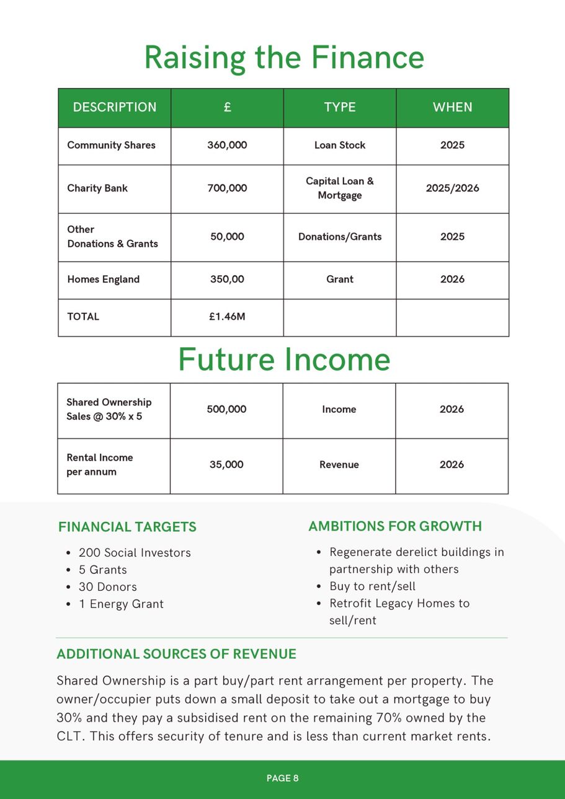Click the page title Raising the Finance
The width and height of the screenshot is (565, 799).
point(284,58)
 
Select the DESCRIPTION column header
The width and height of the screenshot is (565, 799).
point(115,107)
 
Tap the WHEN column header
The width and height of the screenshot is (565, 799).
point(452,107)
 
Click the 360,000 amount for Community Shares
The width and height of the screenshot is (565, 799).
point(227,145)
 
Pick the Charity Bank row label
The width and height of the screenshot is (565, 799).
point(97,188)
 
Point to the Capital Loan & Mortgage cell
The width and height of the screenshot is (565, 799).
point(339,188)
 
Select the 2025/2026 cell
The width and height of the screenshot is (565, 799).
point(452,188)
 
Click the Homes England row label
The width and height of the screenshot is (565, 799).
point(103,280)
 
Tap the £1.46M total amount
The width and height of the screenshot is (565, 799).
point(227,317)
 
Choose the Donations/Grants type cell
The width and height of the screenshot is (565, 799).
point(339,237)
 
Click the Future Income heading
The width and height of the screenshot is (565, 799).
point(284,360)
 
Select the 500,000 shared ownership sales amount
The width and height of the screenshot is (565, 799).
point(226,410)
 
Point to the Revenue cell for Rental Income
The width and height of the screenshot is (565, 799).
point(339,465)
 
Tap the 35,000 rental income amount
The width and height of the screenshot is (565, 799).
point(226,465)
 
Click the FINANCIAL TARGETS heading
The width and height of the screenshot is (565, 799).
point(127,528)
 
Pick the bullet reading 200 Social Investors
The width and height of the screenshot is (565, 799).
point(135,553)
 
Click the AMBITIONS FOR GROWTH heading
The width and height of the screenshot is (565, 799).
point(395,527)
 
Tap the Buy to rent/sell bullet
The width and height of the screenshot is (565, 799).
point(372,586)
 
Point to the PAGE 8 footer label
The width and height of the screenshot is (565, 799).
point(283,779)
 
